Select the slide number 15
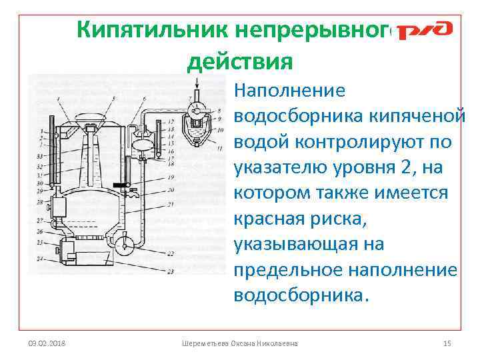[x=447, y=343]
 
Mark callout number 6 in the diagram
[x=145, y=99]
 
